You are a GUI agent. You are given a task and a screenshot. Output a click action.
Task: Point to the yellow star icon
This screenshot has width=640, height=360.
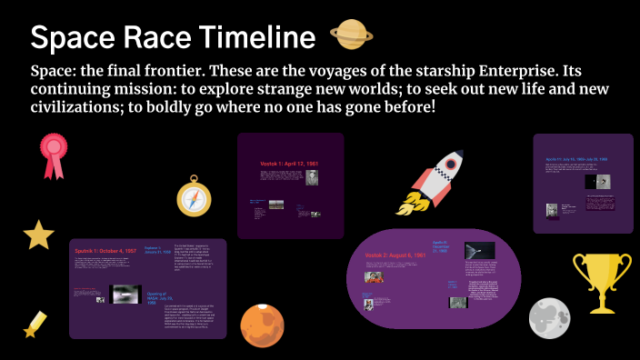[x=38, y=235]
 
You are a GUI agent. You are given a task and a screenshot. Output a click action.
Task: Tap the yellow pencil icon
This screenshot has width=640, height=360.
[x=35, y=324]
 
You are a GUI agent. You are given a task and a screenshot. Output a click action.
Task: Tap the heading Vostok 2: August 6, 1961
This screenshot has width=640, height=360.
[x=396, y=256]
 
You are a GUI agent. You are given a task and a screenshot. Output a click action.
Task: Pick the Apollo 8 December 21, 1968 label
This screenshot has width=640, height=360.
[x=442, y=247]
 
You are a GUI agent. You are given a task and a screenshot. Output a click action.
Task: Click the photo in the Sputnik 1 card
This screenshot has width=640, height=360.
[x=124, y=293]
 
